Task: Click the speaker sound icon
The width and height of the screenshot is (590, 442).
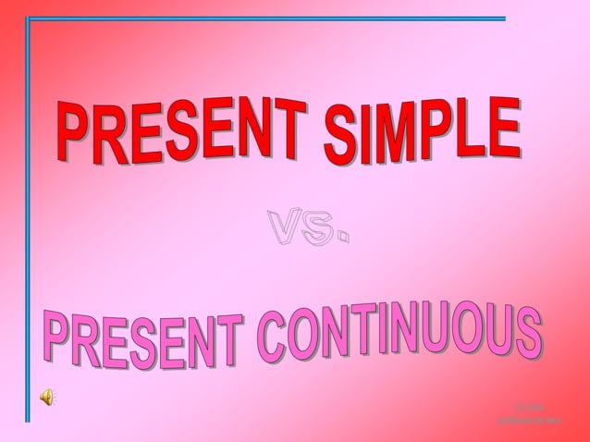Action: pos(47,397)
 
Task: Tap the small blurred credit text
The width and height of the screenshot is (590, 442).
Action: pos(530,413)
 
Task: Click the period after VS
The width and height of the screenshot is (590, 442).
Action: pos(342,239)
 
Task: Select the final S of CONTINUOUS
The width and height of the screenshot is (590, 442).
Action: pos(527,335)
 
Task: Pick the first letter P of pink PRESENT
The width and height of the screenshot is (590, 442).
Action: pos(55,342)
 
